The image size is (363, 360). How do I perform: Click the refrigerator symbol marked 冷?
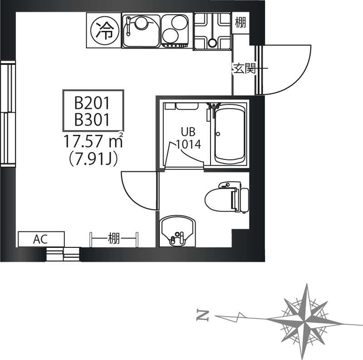click(105, 30)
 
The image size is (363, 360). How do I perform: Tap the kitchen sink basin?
click(141, 30)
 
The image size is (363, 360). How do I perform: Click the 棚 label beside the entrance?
click(240, 23)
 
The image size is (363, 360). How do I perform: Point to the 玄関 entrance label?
click(245, 69)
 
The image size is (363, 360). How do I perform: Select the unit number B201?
click(92, 103)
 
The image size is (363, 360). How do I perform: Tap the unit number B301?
click(92, 119)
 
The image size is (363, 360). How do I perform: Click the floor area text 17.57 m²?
click(93, 141)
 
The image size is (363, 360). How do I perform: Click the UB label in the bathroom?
click(188, 132)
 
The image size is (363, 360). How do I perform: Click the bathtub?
click(230, 134)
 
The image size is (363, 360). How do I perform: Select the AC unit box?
click(41, 239)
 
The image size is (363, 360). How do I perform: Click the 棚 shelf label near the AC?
click(114, 239)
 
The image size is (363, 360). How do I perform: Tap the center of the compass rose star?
click(304, 321)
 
